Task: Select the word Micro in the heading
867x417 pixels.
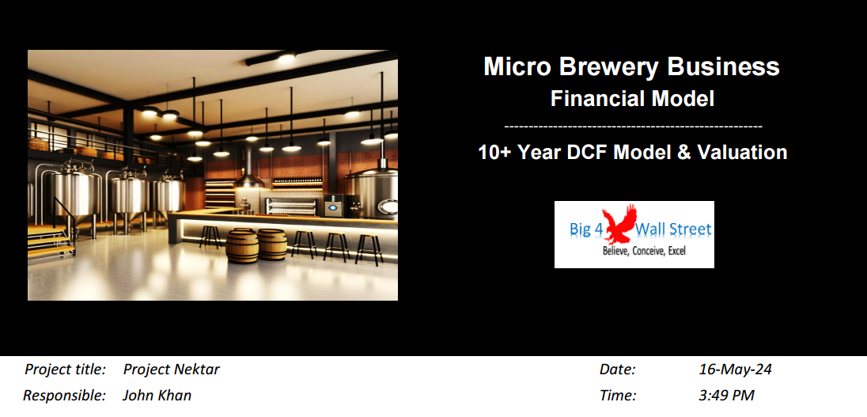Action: click(x=517, y=66)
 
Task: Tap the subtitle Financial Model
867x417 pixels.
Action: click(x=632, y=99)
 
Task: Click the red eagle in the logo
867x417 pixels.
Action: click(x=620, y=224)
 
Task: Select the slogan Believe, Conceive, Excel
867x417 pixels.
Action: click(x=644, y=251)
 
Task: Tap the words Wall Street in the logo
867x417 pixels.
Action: click(x=673, y=229)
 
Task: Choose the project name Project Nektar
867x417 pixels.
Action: click(x=172, y=370)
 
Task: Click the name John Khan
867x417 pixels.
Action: click(x=157, y=396)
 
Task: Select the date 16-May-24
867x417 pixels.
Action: click(x=735, y=370)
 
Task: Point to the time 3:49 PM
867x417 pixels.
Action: click(x=726, y=396)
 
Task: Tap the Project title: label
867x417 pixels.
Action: click(x=65, y=370)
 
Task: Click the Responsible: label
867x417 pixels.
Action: click(x=64, y=396)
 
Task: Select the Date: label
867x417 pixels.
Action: click(x=618, y=370)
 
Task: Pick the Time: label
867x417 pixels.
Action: click(x=618, y=396)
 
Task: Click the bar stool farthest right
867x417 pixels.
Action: click(x=369, y=249)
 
